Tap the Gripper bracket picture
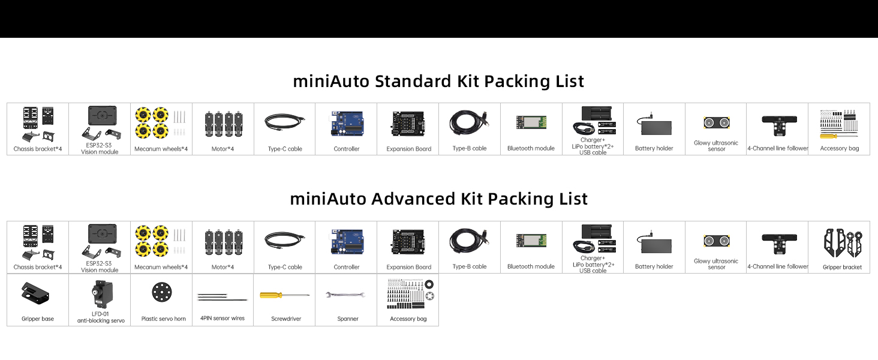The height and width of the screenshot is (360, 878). click(x=842, y=242)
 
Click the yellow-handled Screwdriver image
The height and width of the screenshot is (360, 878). click(x=284, y=295)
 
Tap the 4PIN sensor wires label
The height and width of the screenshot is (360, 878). click(x=222, y=319)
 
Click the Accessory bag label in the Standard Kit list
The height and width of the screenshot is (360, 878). click(x=840, y=149)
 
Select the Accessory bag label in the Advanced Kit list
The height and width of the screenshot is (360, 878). click(x=408, y=319)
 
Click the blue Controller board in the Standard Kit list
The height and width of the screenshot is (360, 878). click(x=347, y=124)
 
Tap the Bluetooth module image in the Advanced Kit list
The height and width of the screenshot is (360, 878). click(x=531, y=241)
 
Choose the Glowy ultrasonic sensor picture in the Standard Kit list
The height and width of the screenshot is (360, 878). click(x=716, y=123)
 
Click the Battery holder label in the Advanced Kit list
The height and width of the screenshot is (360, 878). click(x=654, y=267)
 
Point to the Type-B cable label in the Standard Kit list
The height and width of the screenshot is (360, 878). click(x=470, y=149)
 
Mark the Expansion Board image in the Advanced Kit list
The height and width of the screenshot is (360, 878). click(x=408, y=241)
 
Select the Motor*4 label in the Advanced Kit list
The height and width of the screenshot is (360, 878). click(x=222, y=267)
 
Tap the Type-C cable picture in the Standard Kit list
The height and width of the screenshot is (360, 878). click(x=284, y=122)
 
